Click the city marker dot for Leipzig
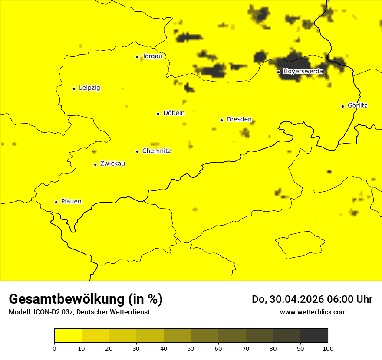point(74,88)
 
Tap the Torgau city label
point(152,56)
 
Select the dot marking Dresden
point(222,120)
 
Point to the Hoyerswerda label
point(303,72)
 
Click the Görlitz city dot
point(343,106)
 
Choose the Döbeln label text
point(174,113)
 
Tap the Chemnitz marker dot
point(138,151)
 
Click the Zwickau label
point(112,164)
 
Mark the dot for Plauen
point(56,202)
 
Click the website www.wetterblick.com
point(313,312)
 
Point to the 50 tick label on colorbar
point(191,348)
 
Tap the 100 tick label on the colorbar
point(328,348)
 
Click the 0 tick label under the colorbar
point(54,348)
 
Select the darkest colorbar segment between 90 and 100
point(314,336)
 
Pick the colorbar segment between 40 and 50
point(177,336)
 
